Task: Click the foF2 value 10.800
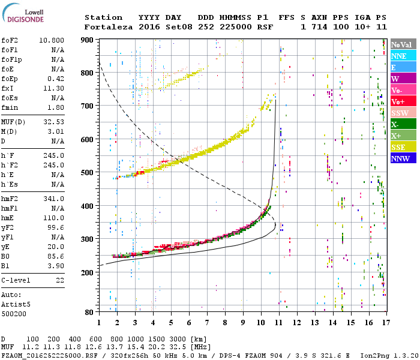(x=52, y=39)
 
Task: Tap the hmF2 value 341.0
(x=53, y=199)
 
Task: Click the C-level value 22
(x=60, y=280)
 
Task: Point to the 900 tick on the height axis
(x=89, y=40)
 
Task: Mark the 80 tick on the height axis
(x=91, y=312)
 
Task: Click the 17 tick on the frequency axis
(x=385, y=322)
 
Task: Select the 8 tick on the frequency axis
(x=224, y=322)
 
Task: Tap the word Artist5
(x=16, y=304)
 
